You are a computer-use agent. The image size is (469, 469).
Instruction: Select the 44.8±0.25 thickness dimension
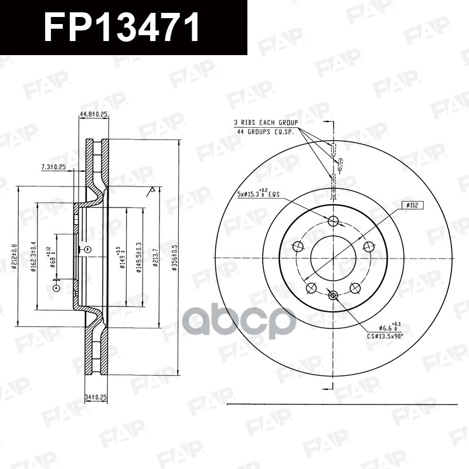tap(93, 115)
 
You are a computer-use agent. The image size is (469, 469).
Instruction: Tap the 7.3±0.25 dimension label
tap(53, 168)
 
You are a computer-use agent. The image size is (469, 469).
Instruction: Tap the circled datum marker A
tap(56, 288)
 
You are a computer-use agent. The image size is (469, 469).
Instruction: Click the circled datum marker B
tap(87, 250)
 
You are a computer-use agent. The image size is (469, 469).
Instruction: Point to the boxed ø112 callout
tap(413, 205)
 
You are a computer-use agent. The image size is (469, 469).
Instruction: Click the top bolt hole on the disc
tap(334, 221)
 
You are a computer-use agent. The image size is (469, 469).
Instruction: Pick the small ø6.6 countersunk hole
tap(333, 295)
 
